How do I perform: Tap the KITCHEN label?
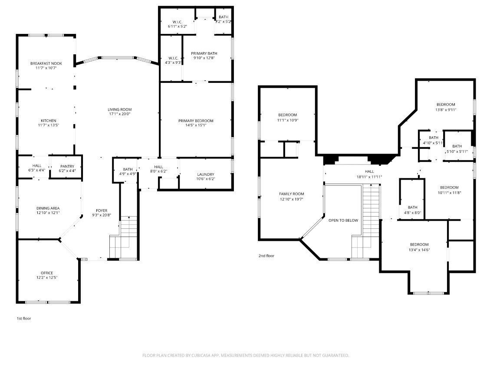[x=49, y=121]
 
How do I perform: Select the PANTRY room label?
[x=67, y=166]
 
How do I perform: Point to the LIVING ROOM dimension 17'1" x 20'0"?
[x=120, y=114]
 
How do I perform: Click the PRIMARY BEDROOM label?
[x=196, y=121]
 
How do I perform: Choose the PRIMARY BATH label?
[x=204, y=53]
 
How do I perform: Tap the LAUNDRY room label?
[x=206, y=174]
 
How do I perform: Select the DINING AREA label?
[x=48, y=208]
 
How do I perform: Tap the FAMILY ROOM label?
[x=291, y=194]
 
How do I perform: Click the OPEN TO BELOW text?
[x=343, y=220]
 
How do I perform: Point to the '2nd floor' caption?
[x=266, y=256]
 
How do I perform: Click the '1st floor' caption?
[x=24, y=319]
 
